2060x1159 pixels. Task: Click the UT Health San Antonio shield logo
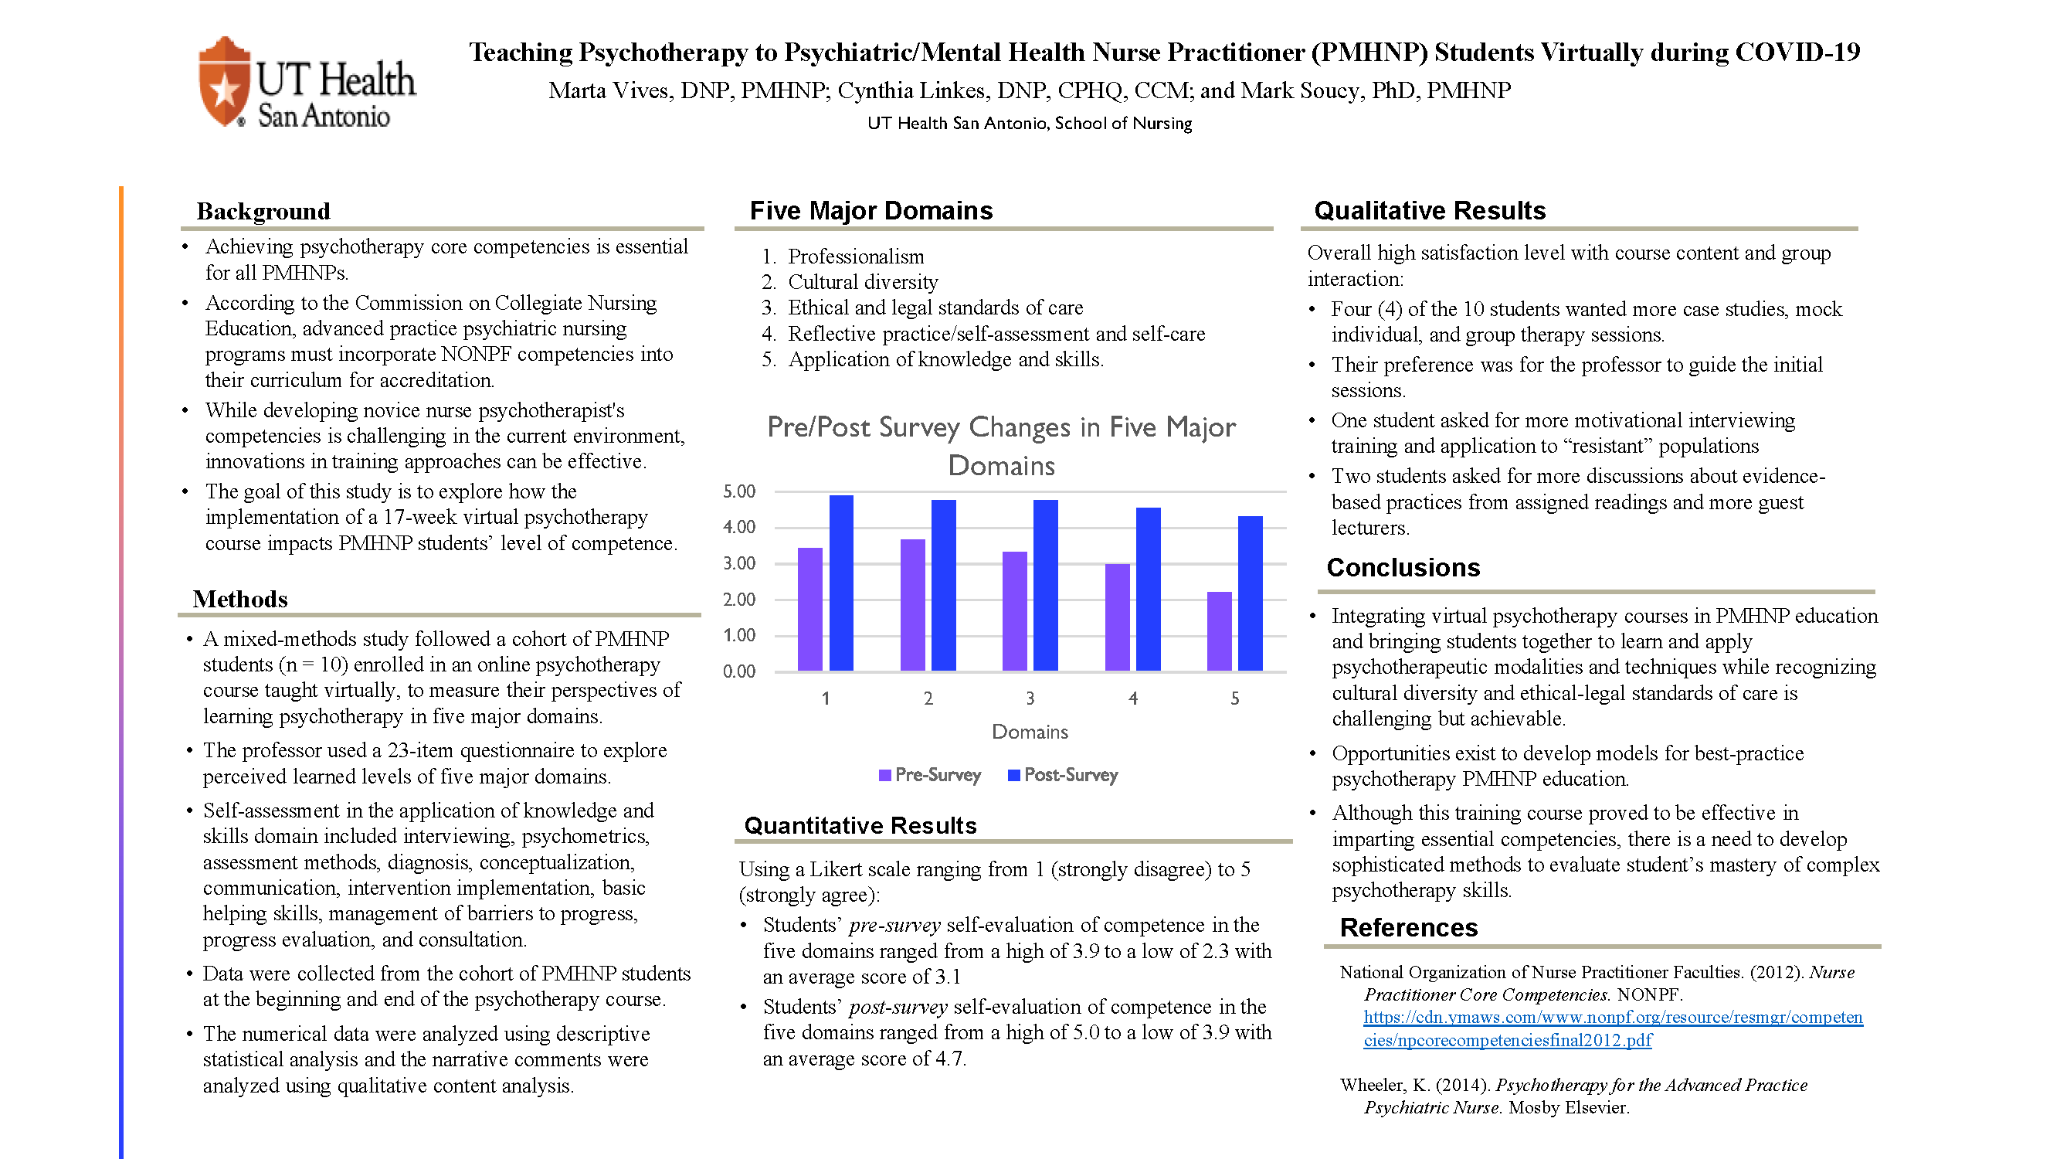click(x=224, y=82)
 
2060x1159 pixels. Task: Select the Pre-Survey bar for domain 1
click(x=809, y=609)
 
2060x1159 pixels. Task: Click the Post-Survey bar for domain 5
click(x=1250, y=593)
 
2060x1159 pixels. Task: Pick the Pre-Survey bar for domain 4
click(x=1117, y=617)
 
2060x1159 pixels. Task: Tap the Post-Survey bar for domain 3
click(x=1045, y=585)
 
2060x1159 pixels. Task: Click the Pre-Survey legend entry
click(x=929, y=774)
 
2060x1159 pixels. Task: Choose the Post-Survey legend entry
click(x=1063, y=774)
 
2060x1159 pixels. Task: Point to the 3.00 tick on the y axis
click(x=739, y=563)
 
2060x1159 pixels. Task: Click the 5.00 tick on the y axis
click(x=739, y=491)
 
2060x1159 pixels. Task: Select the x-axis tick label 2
click(x=928, y=698)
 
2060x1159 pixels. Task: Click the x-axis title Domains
click(x=1029, y=732)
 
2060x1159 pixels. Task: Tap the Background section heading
click(x=263, y=211)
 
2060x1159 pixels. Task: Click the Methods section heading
click(x=240, y=599)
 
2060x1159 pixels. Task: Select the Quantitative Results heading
click(x=860, y=825)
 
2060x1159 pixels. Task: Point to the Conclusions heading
click(x=1403, y=567)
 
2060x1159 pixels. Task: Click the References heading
click(x=1408, y=927)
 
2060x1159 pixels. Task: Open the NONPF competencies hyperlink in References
click(x=1612, y=1028)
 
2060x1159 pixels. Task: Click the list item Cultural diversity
click(x=862, y=281)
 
